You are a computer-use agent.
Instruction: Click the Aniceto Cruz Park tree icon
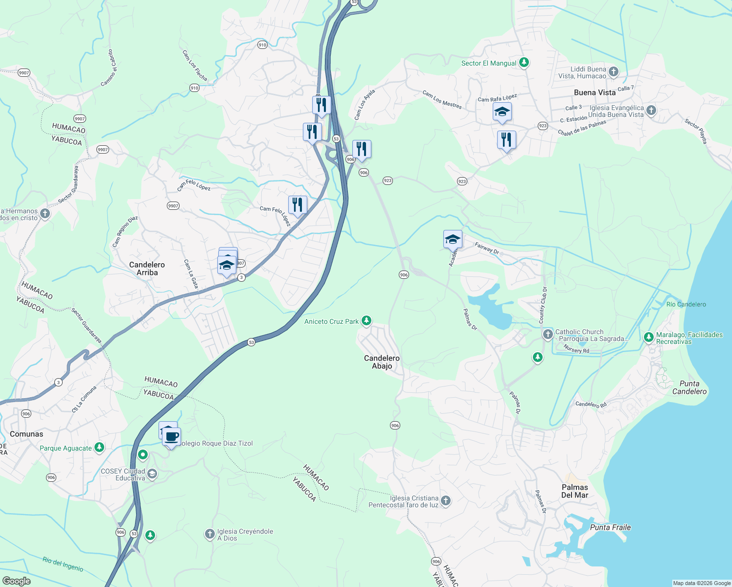click(366, 321)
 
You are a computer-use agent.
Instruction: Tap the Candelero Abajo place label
click(382, 362)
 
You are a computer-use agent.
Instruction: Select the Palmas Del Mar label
click(574, 491)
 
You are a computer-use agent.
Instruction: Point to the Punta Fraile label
click(610, 527)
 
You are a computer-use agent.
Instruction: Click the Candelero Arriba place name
click(147, 269)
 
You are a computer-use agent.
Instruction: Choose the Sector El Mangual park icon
click(524, 63)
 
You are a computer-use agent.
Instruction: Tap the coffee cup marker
click(172, 436)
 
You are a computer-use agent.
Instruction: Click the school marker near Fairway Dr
click(453, 239)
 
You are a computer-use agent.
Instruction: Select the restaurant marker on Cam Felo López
click(297, 204)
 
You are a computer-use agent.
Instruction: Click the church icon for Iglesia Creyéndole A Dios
click(209, 534)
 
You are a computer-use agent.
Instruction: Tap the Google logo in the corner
click(16, 581)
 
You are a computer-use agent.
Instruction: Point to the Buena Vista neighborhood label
click(595, 92)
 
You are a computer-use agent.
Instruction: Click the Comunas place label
click(26, 434)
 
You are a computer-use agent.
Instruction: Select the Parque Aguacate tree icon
click(99, 447)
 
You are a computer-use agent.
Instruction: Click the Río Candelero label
click(686, 304)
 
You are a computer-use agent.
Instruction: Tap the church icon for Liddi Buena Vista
click(613, 72)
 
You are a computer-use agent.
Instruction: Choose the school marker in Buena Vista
click(502, 112)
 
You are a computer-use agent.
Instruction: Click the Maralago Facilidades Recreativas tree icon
click(648, 337)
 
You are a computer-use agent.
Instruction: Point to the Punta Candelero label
click(689, 387)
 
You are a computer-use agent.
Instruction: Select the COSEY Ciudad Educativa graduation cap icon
click(152, 474)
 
